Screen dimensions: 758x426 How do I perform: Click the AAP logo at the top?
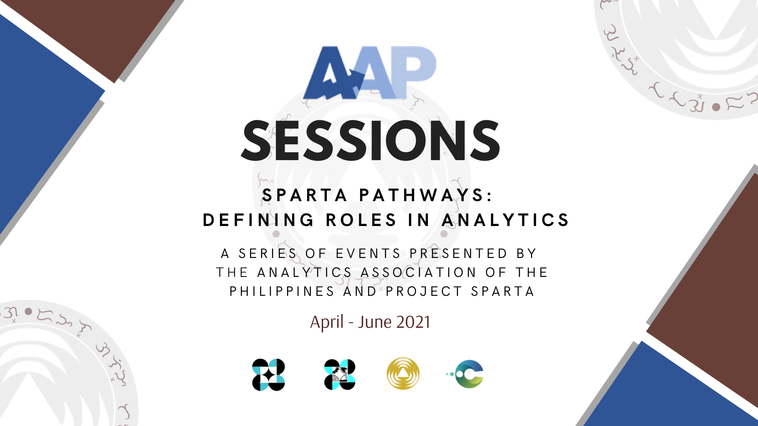(x=370, y=73)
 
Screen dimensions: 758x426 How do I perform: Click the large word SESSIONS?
(x=371, y=141)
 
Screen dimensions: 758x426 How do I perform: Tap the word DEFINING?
(x=259, y=220)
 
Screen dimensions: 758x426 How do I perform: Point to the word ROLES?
(x=361, y=220)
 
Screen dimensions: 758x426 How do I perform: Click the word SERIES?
(x=268, y=253)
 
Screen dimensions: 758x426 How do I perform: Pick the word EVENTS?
(x=368, y=253)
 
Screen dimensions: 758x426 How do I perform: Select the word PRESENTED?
(x=458, y=253)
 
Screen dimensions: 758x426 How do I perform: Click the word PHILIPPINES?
(x=282, y=291)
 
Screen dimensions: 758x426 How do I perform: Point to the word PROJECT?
(x=424, y=291)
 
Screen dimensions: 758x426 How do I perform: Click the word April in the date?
(x=327, y=323)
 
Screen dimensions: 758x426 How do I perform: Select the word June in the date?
(x=375, y=322)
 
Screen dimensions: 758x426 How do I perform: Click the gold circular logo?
(x=403, y=374)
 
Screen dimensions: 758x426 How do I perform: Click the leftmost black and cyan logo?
(x=268, y=375)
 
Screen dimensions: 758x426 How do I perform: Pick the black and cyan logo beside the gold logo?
(x=340, y=375)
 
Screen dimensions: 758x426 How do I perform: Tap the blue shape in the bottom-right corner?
(x=671, y=390)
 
